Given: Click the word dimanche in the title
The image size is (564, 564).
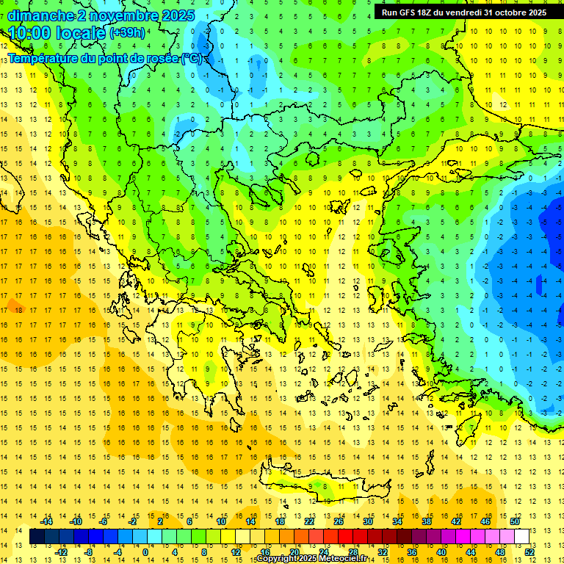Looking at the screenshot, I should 41,15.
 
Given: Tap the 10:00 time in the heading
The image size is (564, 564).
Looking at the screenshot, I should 29,33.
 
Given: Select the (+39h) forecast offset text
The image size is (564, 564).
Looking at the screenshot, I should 127,33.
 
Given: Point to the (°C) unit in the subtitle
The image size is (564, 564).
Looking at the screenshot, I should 193,58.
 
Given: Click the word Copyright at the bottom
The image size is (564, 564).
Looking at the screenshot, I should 276,559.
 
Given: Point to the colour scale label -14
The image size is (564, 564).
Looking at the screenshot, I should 47,521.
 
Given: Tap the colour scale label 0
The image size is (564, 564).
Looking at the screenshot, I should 145,552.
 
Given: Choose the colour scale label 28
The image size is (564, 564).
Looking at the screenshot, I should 353,552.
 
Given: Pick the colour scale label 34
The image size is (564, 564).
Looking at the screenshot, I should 397,521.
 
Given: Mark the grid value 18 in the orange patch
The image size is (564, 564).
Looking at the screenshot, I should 20,310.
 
